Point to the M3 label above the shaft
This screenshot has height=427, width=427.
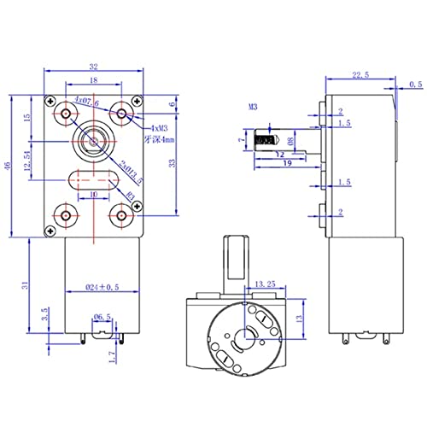click(x=253, y=108)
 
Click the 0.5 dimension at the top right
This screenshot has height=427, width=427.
click(x=415, y=84)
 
